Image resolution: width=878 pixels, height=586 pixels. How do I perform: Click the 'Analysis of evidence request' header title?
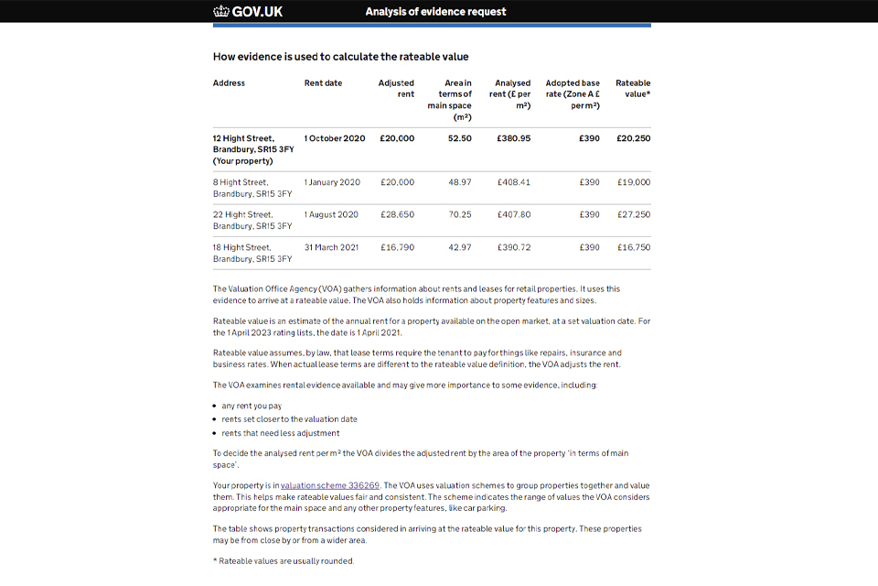point(435,12)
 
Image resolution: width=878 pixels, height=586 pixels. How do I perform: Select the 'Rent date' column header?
point(323,83)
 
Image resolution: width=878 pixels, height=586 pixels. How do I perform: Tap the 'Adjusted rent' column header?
point(396,89)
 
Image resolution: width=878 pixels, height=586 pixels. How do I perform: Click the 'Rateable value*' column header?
point(633,89)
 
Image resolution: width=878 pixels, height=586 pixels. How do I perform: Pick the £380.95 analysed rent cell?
point(513,138)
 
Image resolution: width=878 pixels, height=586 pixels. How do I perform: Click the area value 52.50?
point(460,138)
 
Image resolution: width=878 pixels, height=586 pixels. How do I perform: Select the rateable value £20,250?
point(633,138)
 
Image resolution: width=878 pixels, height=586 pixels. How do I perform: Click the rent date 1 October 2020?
point(335,138)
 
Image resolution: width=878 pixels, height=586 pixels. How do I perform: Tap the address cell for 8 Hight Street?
point(252,188)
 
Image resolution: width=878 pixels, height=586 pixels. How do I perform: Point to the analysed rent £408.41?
point(514,182)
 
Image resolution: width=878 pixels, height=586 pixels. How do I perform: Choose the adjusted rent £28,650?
point(397,214)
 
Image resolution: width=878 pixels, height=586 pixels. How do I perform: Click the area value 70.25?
point(460,214)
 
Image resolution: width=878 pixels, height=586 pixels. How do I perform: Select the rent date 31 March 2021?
point(331,247)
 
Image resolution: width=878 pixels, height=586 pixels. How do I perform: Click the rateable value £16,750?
point(634,247)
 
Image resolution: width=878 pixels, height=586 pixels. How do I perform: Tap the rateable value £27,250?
point(634,214)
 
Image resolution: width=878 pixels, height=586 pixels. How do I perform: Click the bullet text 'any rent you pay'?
point(252,406)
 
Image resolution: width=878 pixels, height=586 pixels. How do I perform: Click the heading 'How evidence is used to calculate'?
point(340,57)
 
